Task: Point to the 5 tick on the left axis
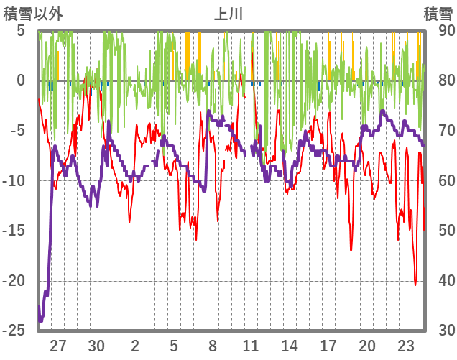(21, 31)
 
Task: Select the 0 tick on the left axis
(21, 80)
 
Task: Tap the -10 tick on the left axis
(17, 180)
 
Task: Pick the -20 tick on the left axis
(17, 280)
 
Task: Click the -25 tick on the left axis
(17, 330)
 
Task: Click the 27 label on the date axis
(58, 345)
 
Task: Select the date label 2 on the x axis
(135, 345)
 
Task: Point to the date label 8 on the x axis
(213, 345)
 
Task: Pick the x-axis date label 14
(290, 345)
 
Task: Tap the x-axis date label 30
(97, 345)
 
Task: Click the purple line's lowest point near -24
(41, 320)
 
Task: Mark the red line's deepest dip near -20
(416, 285)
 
